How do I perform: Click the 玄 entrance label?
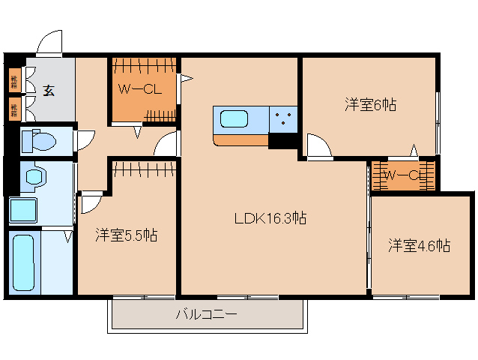[x=48, y=91]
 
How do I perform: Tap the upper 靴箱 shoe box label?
[x=14, y=79]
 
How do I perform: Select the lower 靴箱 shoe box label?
[x=14, y=109]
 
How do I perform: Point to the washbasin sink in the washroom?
[x=33, y=177]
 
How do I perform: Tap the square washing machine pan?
[x=23, y=210]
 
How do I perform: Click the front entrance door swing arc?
[x=50, y=43]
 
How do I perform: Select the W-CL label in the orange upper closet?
[x=140, y=90]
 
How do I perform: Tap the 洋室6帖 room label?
[x=370, y=106]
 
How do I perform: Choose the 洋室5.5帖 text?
[x=126, y=235]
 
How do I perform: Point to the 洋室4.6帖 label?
[x=419, y=244]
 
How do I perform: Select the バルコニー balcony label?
[x=207, y=314]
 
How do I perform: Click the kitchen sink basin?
[x=235, y=119]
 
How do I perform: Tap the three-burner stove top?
[x=283, y=118]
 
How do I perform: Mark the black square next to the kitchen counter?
[x=283, y=140]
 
